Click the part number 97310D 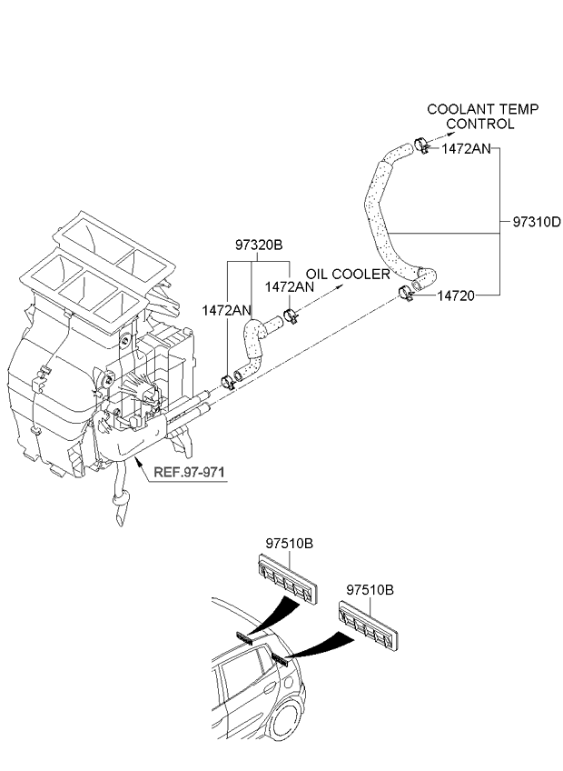click(537, 222)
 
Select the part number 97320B click(259, 245)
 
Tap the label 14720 click(456, 295)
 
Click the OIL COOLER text click(348, 275)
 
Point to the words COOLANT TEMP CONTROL click(482, 116)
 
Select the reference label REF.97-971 click(189, 472)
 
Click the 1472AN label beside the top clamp click(466, 149)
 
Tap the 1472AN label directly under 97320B click(290, 287)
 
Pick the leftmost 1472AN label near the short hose click(226, 310)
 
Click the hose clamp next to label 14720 click(405, 293)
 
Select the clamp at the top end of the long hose click(421, 145)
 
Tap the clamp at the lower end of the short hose click(228, 381)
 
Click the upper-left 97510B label click(290, 544)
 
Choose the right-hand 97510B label click(370, 589)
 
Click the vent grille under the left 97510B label click(289, 577)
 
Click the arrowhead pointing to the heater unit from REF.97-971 click(137, 460)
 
